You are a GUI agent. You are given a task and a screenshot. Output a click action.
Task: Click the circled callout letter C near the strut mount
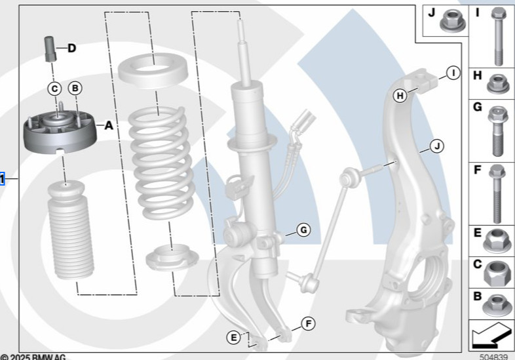coord(55,88)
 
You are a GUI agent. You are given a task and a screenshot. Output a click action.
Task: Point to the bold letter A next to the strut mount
coord(108,123)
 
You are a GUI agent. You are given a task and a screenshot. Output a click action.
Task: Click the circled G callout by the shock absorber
coord(303,230)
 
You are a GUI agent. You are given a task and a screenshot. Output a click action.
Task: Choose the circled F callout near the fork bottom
coord(307,323)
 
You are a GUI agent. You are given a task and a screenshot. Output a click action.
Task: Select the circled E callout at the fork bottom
coord(233,337)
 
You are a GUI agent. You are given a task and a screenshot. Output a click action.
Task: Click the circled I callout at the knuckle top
coord(452,73)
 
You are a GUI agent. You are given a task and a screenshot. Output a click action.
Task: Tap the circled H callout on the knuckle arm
coord(400,96)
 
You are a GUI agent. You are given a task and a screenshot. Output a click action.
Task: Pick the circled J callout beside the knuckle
coord(436,146)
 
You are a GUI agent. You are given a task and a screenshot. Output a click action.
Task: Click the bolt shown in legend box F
coord(497,193)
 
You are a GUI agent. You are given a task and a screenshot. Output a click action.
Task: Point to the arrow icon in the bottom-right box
coord(491,336)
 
